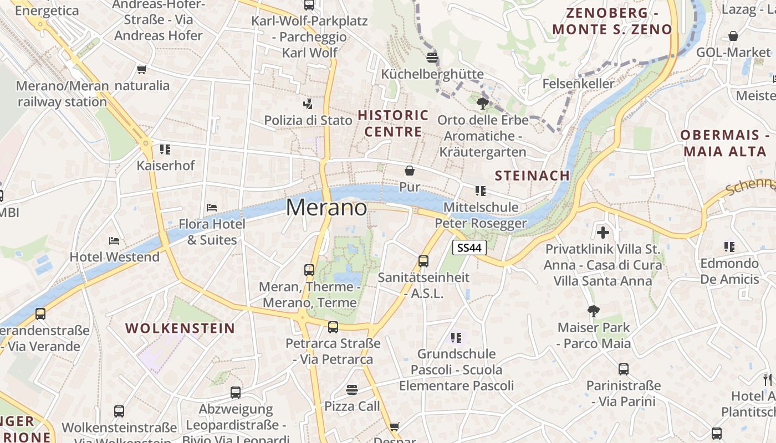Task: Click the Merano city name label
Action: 326,208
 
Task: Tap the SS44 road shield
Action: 469,248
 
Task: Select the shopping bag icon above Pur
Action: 410,171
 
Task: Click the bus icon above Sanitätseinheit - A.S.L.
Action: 423,261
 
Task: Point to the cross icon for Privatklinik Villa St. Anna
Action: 603,233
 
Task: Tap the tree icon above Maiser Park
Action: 594,311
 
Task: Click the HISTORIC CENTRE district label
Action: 393,123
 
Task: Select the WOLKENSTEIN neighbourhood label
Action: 180,328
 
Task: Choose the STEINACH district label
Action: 532,176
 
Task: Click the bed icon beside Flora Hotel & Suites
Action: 212,208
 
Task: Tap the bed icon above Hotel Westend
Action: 114,241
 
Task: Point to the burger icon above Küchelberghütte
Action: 432,57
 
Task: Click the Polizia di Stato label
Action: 308,120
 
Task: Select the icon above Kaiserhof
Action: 165,150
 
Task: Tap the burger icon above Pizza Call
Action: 351,390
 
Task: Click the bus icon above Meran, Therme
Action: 309,270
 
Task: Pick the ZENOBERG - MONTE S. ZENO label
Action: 612,21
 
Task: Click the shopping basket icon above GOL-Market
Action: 733,37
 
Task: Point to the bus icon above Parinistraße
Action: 624,369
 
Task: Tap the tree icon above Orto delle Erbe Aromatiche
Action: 483,104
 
